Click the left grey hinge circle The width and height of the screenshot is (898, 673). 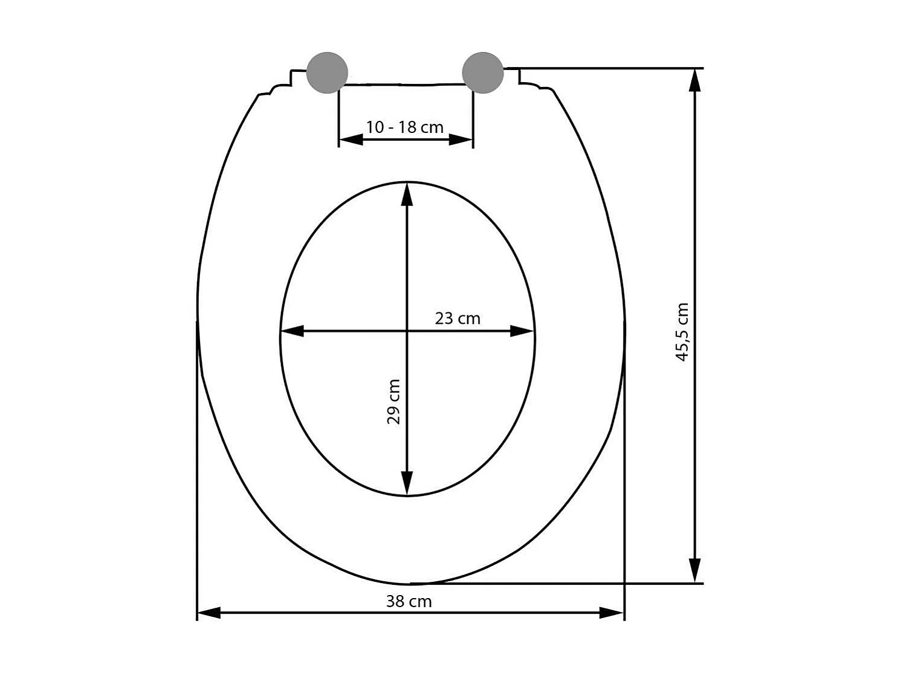(x=327, y=72)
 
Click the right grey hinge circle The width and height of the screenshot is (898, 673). (x=483, y=72)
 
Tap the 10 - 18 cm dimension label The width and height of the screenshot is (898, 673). (x=405, y=127)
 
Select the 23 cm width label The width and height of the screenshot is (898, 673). (x=457, y=318)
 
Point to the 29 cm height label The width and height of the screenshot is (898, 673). (x=393, y=402)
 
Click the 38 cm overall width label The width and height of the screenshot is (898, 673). (x=409, y=601)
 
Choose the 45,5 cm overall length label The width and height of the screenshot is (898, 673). (x=682, y=332)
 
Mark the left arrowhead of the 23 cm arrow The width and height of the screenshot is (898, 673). (x=292, y=331)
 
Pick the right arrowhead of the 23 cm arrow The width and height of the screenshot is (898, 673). (x=522, y=331)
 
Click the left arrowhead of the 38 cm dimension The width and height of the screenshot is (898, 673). (x=209, y=613)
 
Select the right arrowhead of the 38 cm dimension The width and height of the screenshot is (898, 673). (x=612, y=613)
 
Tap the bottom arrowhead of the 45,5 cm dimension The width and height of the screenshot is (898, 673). (x=696, y=571)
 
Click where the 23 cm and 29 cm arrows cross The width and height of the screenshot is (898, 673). (x=407, y=331)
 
